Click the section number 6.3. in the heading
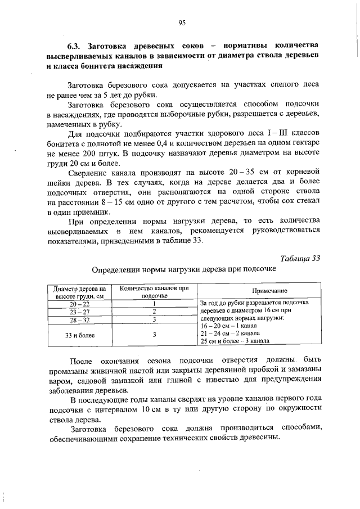[x=74, y=44]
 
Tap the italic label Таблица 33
[x=300, y=258]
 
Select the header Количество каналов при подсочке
[x=154, y=291]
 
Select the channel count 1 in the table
[x=154, y=303]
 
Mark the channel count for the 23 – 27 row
[x=154, y=312]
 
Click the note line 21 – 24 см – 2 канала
[x=229, y=333]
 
